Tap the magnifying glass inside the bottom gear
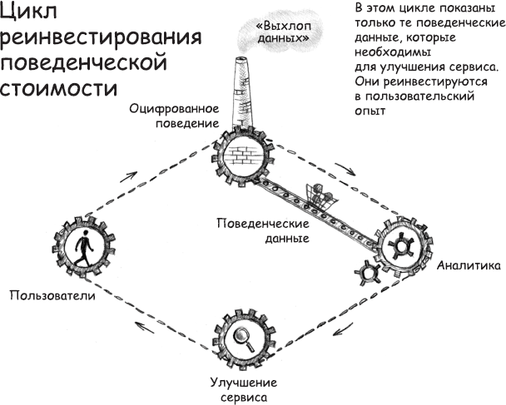click(x=244, y=338)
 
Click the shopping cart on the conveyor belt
click(x=320, y=195)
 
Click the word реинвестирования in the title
click(x=102, y=39)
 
